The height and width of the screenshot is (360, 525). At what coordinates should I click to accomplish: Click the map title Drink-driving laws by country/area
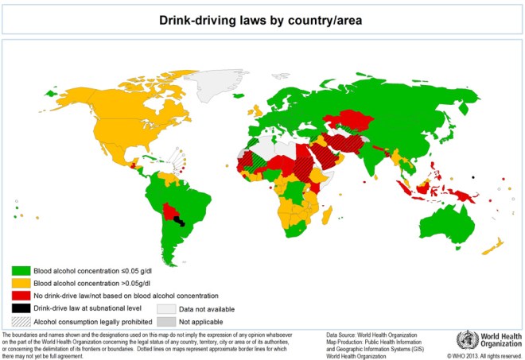click(x=262, y=20)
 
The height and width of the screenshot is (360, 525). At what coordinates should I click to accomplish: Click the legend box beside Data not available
click(x=165, y=308)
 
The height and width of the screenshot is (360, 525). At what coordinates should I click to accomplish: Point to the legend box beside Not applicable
click(x=165, y=322)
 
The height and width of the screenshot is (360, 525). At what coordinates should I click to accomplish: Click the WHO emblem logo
click(x=465, y=341)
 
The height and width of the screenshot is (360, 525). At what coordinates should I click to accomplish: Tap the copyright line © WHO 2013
click(x=482, y=355)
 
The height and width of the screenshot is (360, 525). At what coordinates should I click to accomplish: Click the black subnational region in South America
click(x=182, y=220)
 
